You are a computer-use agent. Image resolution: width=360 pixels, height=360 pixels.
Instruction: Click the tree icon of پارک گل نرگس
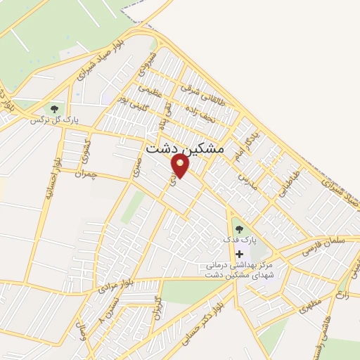[54, 109]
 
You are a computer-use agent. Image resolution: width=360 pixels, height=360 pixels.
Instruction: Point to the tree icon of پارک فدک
[238, 229]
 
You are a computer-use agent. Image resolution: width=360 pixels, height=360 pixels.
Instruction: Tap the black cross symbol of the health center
[240, 253]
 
